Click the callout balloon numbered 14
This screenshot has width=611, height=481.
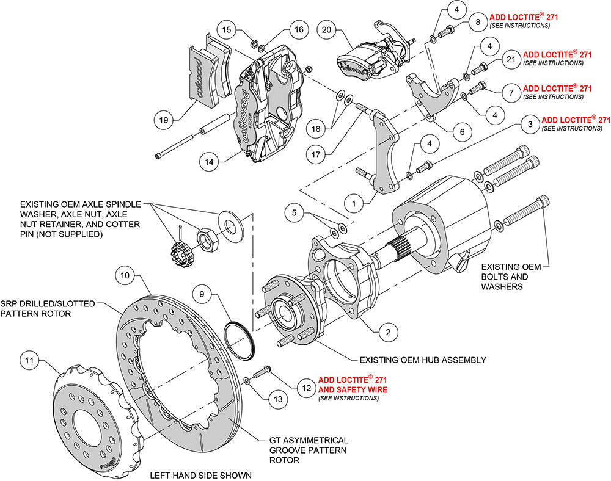pos(210,162)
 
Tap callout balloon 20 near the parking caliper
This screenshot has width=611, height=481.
pos(326,30)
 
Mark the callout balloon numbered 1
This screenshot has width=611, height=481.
pos(353,200)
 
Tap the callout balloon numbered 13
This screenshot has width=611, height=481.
pos(278,399)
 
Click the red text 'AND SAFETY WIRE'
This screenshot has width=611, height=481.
pos(352,389)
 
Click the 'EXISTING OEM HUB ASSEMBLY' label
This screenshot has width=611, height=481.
pos(422,360)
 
